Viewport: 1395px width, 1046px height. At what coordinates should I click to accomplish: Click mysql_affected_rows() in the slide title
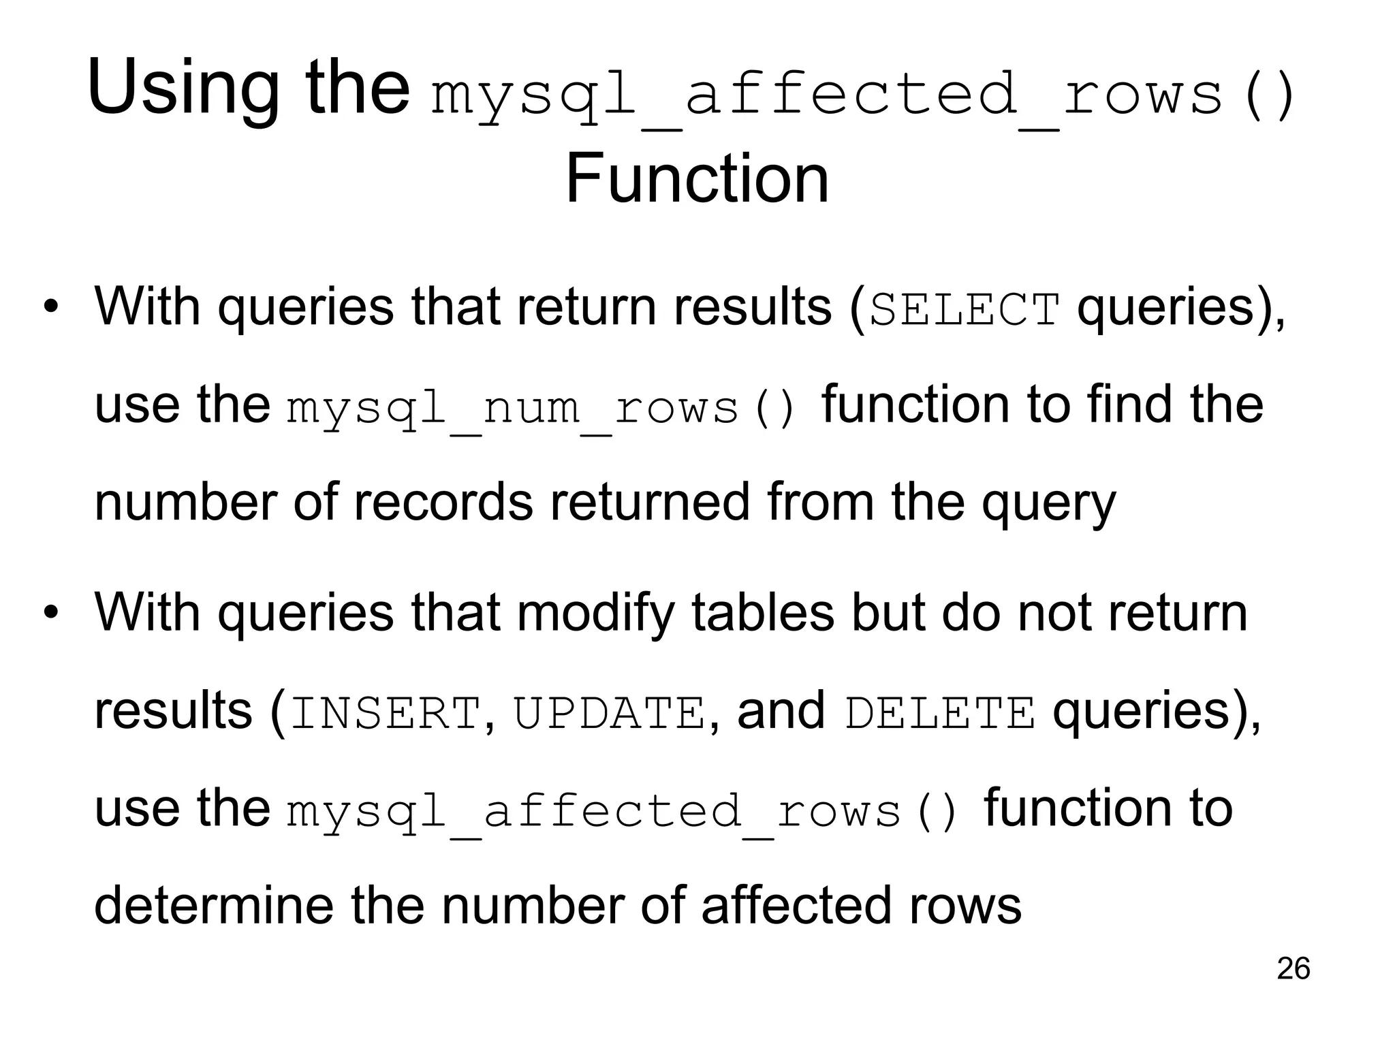pyautogui.click(x=862, y=95)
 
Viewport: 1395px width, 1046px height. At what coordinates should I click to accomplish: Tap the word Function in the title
pyautogui.click(x=697, y=178)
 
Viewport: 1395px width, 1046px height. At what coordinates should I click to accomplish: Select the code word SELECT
pyautogui.click(x=965, y=311)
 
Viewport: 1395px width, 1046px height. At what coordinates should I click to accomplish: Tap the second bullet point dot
pyautogui.click(x=50, y=612)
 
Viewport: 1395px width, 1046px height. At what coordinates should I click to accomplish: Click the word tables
pyautogui.click(x=763, y=612)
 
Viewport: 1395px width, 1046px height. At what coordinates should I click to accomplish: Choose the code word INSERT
pyautogui.click(x=386, y=714)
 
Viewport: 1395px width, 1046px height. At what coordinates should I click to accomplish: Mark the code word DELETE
pyautogui.click(x=940, y=714)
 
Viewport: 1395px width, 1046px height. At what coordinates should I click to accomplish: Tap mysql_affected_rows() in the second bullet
pyautogui.click(x=623, y=812)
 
